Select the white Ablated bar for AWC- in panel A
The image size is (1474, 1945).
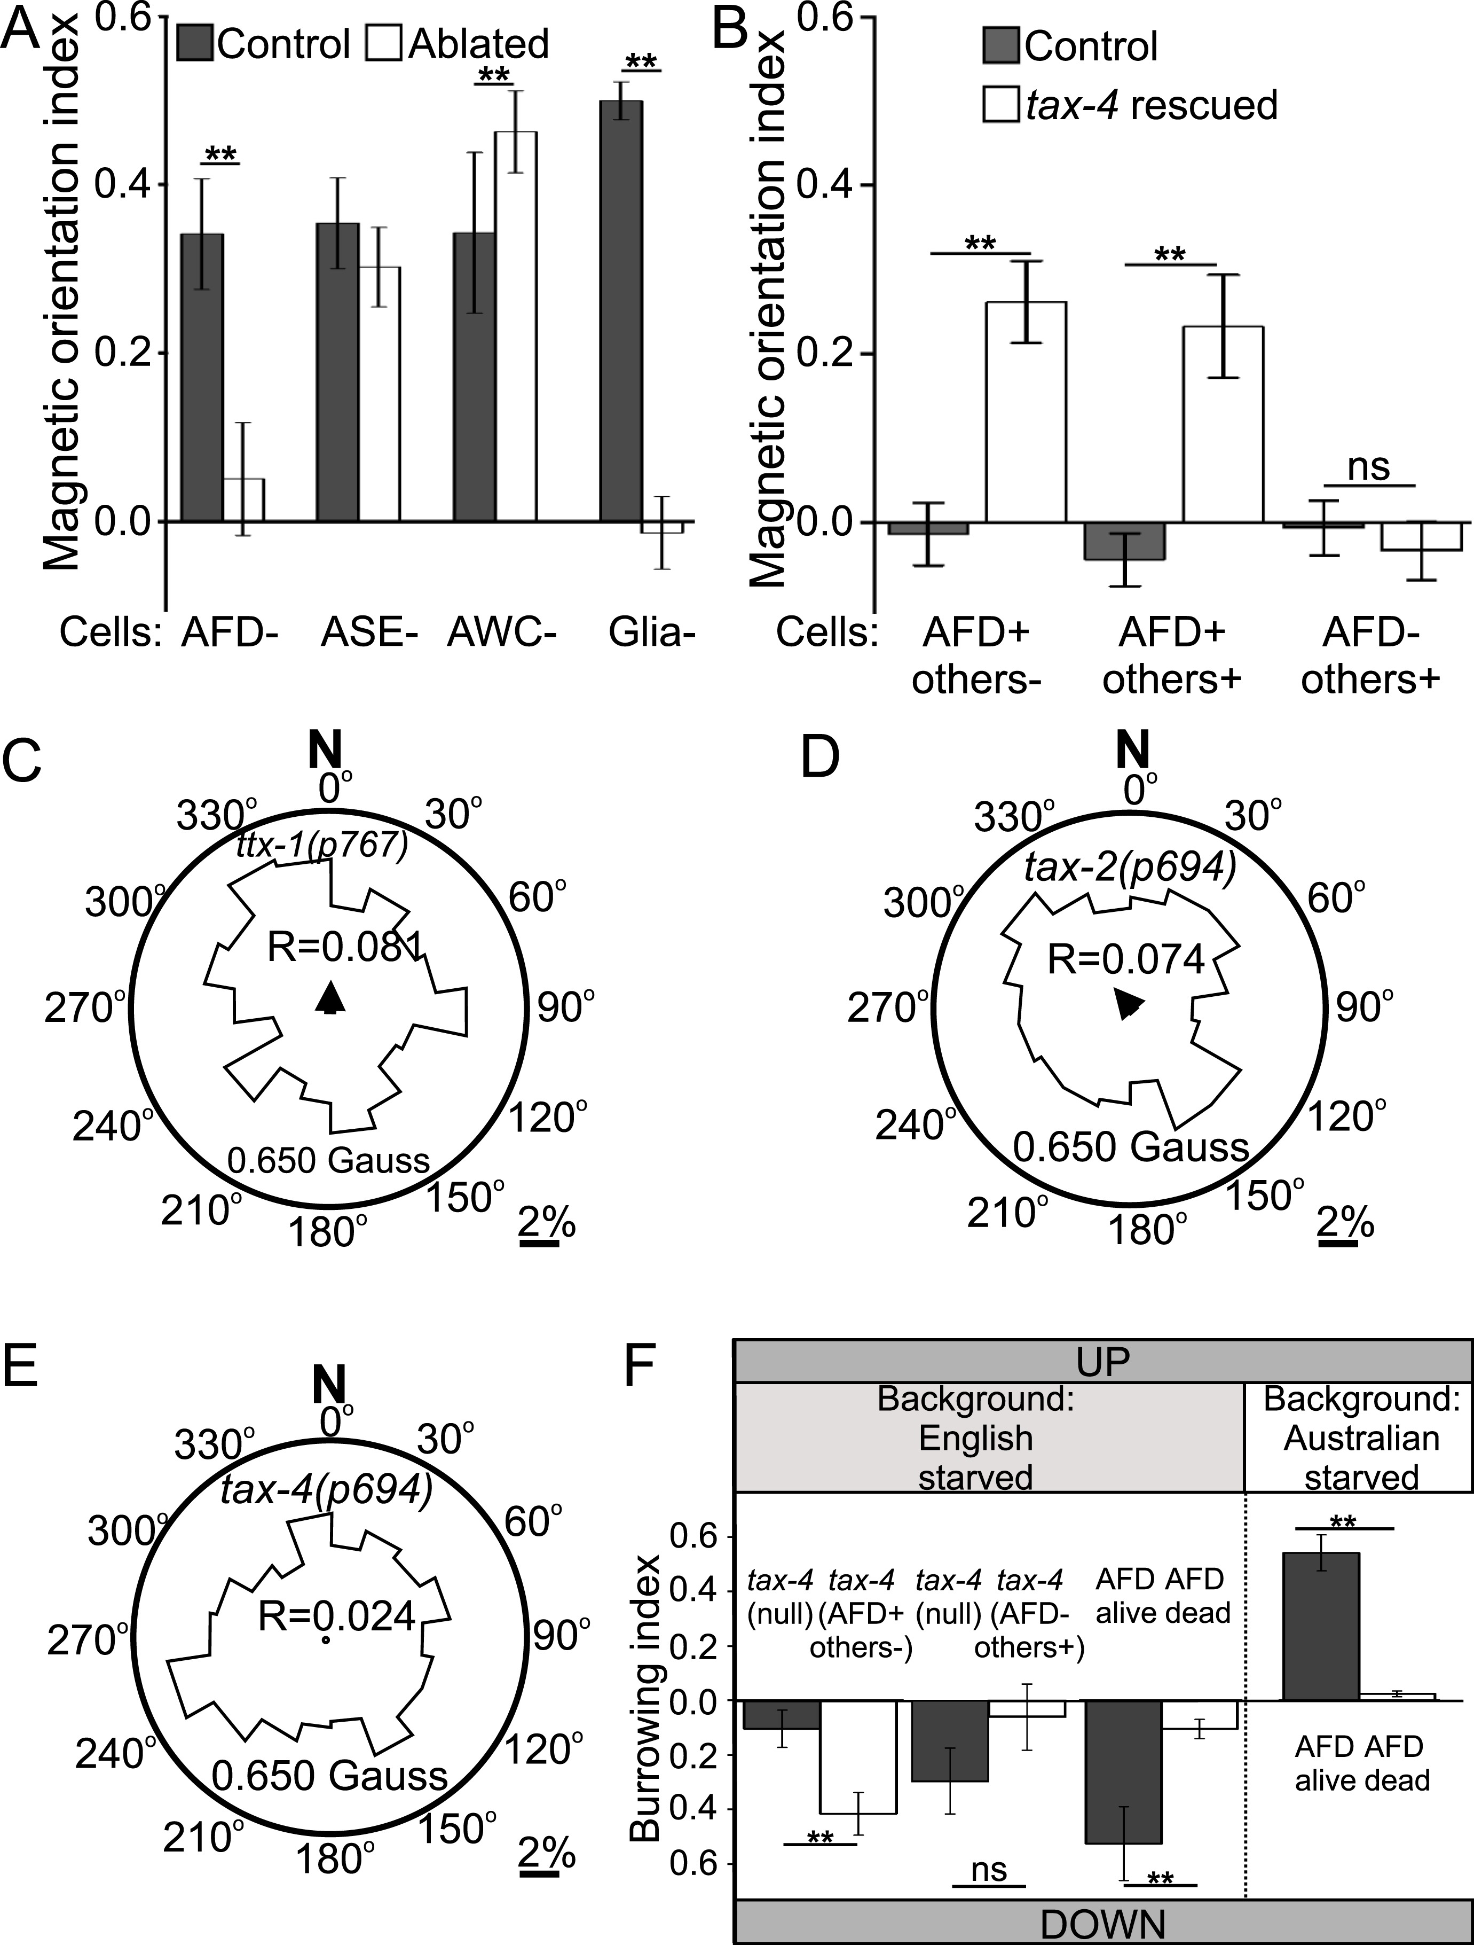coord(516,326)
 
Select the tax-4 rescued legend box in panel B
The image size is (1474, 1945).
coord(1000,105)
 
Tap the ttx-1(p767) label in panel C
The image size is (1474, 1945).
coord(322,845)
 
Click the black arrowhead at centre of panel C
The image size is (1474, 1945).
coord(329,998)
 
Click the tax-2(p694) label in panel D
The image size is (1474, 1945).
coord(1130,869)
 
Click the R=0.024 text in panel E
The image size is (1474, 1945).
coord(337,1616)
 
